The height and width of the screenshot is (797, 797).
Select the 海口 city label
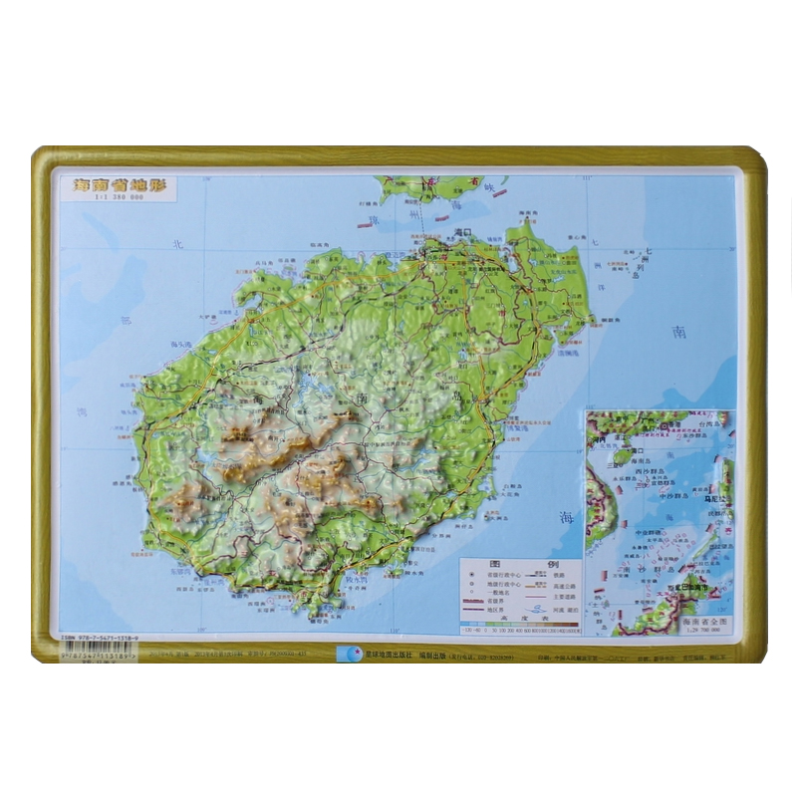pos(461,231)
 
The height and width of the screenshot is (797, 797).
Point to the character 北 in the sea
pos(178,243)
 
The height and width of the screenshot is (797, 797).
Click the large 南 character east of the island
pos(679,332)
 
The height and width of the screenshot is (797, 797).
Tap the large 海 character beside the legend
pos(567,517)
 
